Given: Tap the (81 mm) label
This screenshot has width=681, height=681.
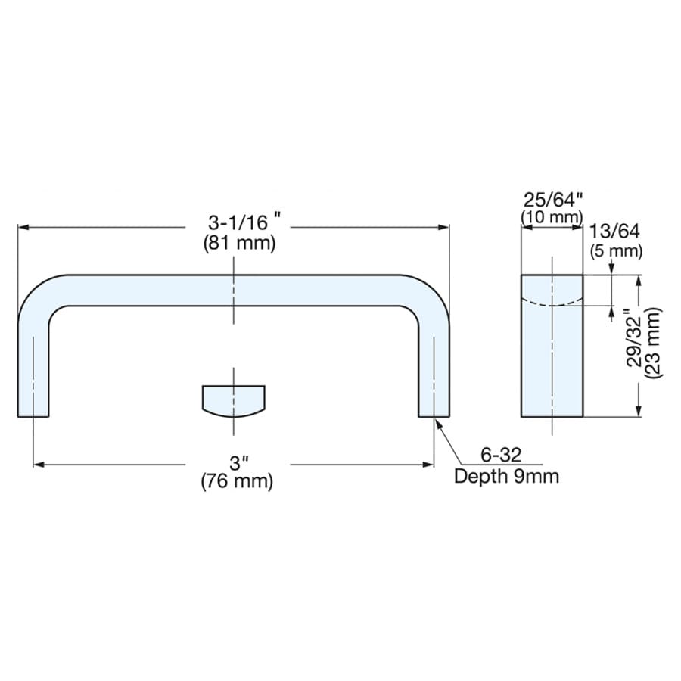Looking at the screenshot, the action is coord(240,244).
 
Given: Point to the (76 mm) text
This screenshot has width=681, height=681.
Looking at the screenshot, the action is coord(237,482).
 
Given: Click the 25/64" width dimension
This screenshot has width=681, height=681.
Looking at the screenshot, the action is coord(552,201).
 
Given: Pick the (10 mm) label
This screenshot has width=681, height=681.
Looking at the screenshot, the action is coord(552,216).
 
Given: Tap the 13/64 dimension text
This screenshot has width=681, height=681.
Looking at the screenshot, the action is coord(614,231).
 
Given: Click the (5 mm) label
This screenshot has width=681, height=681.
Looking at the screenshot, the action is coord(616,251).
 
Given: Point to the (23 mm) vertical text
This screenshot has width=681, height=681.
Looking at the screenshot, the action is coord(653,342).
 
